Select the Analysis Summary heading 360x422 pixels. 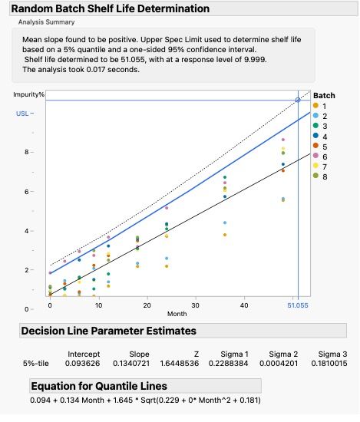click(x=47, y=22)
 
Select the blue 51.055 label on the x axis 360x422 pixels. click(x=298, y=305)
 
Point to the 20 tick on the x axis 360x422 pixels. click(x=147, y=305)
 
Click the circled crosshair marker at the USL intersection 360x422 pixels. click(x=298, y=101)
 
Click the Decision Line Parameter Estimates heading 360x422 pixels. click(x=108, y=331)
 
